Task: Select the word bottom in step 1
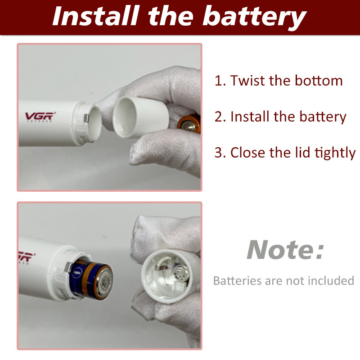[319, 81]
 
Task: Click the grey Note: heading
[285, 250]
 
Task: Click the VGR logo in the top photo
[40, 117]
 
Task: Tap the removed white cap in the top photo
[140, 117]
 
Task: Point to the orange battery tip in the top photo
[189, 124]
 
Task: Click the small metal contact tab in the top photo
[86, 118]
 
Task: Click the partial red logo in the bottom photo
[27, 257]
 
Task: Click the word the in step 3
[280, 153]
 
